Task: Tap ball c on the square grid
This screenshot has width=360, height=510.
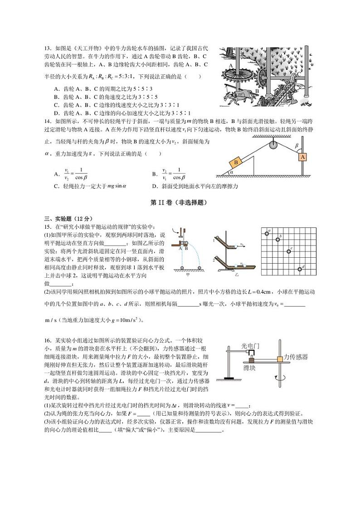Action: [288, 251]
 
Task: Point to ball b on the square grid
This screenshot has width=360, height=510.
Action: [278, 238]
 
